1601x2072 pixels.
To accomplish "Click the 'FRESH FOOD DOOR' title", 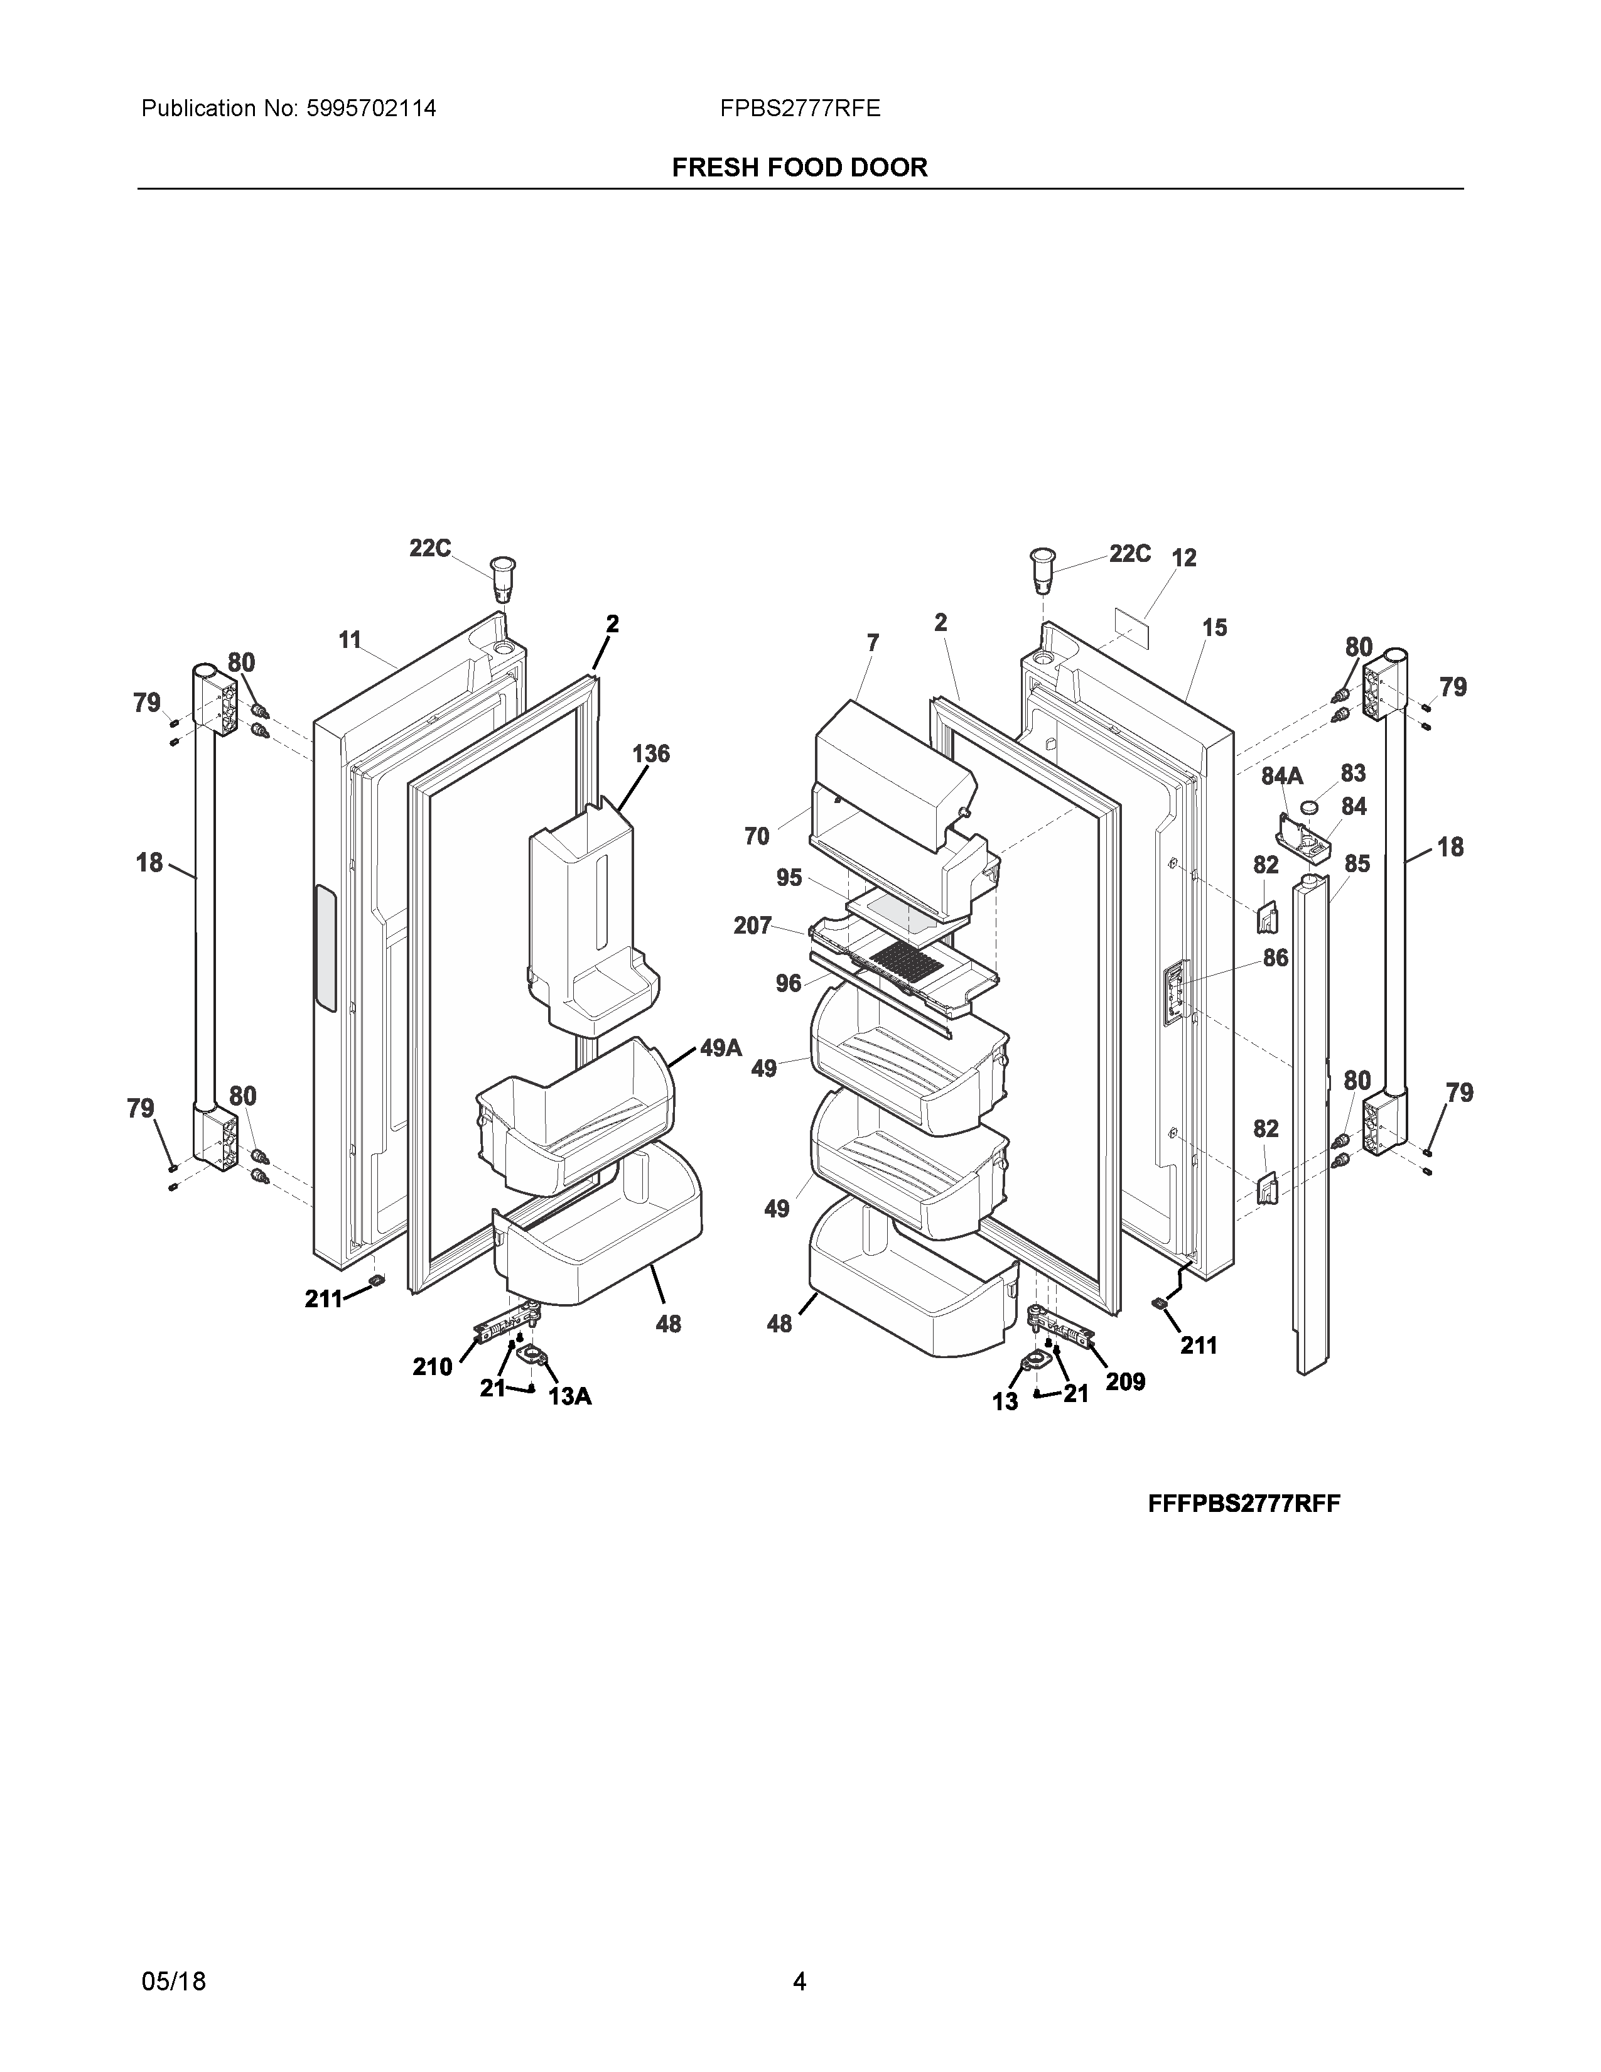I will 799,168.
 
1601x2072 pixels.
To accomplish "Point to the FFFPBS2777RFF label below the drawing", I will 1243,1504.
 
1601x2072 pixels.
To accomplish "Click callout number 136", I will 650,754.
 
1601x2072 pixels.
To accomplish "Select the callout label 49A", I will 721,1049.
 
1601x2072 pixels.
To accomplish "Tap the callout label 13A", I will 570,1396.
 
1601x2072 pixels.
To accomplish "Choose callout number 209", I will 1125,1383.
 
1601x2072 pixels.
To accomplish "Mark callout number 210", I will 433,1367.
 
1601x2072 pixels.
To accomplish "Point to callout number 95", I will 789,878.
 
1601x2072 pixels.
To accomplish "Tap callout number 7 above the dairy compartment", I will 873,643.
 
